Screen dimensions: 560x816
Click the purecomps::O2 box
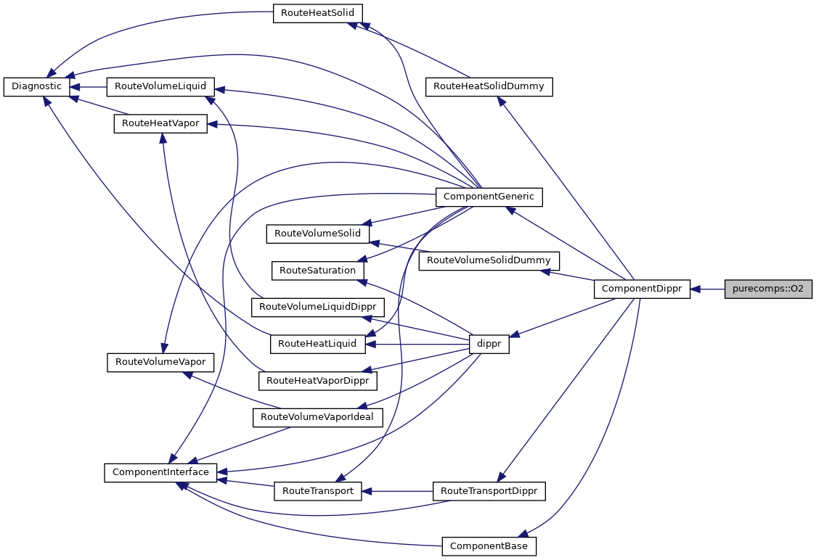[768, 289]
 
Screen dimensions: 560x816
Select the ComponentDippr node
[642, 289]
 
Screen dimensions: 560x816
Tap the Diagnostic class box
[36, 86]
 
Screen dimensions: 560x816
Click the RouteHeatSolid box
[317, 13]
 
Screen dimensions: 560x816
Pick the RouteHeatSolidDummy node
[489, 86]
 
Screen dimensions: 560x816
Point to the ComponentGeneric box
[488, 196]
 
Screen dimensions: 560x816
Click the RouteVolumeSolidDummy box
[489, 260]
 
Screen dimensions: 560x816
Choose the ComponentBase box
[489, 545]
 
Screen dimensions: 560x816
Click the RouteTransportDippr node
[489, 491]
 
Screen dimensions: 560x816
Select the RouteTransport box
[317, 491]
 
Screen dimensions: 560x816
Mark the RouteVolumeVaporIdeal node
[317, 417]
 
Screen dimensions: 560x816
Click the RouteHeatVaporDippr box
[317, 380]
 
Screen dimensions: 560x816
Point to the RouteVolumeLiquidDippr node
[317, 307]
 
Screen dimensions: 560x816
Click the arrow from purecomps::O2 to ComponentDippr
[708, 289]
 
